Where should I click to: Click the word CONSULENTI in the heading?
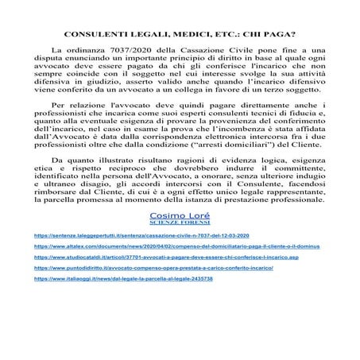point(90,35)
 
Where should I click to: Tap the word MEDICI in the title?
point(176,35)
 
